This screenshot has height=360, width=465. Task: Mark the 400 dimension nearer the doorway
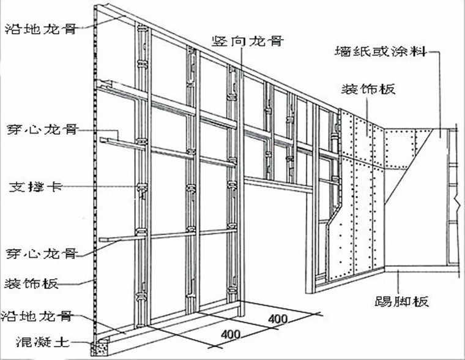coord(277,320)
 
